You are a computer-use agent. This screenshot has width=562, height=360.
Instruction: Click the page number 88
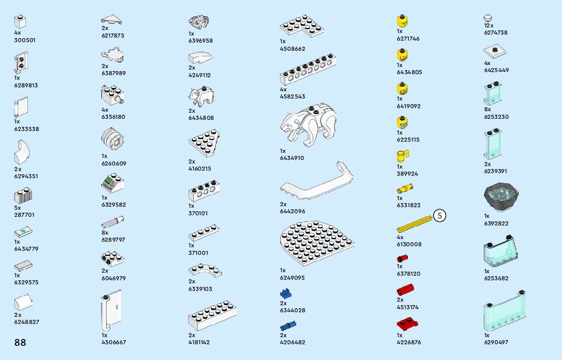(x=20, y=342)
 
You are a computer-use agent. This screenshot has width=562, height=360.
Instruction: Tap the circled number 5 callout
(x=440, y=215)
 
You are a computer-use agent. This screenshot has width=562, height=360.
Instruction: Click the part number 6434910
(x=292, y=158)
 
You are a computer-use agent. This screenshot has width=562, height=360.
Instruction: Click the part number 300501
(x=25, y=40)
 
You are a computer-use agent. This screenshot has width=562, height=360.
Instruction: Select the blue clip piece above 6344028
(x=286, y=293)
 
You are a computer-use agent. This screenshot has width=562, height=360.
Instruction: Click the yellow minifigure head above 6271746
(x=402, y=21)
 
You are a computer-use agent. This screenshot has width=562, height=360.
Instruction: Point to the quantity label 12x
(x=489, y=25)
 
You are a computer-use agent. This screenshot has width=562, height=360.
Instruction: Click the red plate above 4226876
(x=407, y=323)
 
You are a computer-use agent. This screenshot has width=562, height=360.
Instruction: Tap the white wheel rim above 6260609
(x=112, y=138)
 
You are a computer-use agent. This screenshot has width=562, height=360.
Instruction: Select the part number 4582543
(x=292, y=96)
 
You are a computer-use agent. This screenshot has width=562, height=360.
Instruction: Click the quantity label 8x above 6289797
(x=105, y=233)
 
